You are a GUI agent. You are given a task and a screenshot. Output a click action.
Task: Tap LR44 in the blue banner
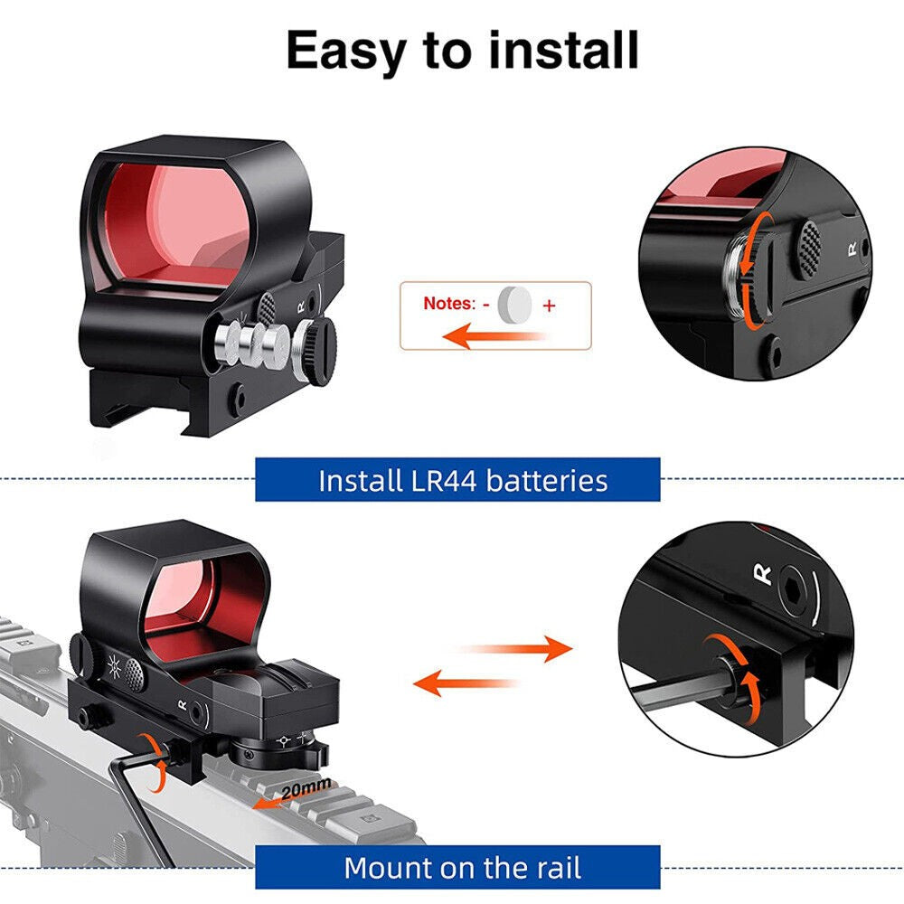point(441,480)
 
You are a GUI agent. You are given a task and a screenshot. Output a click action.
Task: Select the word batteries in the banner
point(547,480)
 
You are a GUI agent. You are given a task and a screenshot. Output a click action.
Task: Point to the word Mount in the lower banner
point(391,868)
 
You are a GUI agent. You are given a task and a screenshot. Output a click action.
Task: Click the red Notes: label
point(448,304)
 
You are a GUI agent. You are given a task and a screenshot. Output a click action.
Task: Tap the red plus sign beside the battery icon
point(549,306)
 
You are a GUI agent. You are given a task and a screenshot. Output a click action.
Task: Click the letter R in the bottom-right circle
point(763,572)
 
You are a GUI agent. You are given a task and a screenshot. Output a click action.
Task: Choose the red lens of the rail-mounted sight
point(204,598)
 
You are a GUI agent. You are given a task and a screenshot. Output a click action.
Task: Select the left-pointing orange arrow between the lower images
point(470,682)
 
